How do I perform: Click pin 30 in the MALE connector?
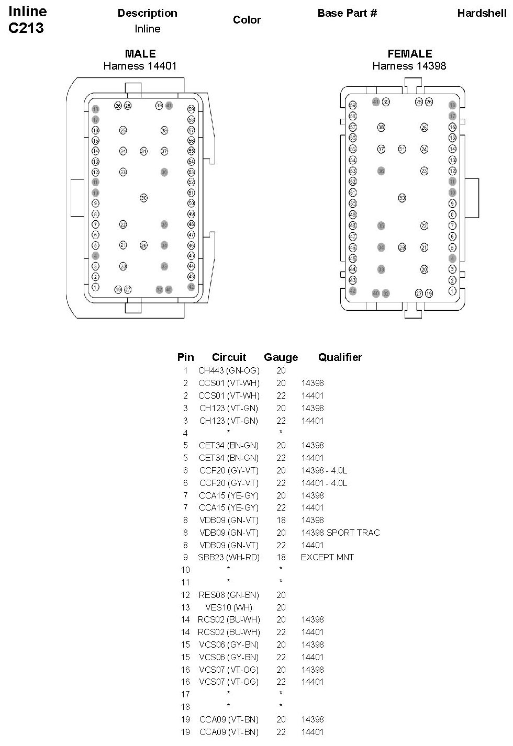point(143,198)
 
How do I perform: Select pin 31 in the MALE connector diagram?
point(143,151)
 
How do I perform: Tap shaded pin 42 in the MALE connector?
point(191,287)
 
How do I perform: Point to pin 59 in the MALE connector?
point(191,109)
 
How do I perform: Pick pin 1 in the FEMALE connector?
point(452,290)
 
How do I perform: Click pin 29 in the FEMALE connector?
point(402,247)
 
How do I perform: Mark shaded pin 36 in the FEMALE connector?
point(381,171)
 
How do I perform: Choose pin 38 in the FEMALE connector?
point(381,127)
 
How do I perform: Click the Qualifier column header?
point(340,357)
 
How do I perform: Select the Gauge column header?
point(281,357)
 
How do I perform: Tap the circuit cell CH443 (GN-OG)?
point(229,370)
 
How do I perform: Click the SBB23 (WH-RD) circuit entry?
point(229,557)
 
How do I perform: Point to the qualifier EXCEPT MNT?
point(327,557)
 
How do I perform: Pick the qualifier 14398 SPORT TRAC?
point(340,533)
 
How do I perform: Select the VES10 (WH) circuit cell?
point(229,607)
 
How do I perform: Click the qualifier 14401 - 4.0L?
point(324,483)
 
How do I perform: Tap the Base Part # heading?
point(347,13)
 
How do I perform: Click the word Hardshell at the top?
point(482,13)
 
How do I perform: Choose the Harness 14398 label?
point(409,66)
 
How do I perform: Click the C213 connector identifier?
point(26,28)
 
